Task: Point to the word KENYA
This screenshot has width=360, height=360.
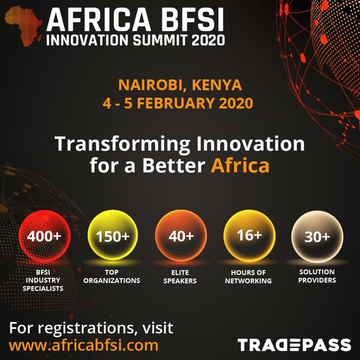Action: click(x=217, y=85)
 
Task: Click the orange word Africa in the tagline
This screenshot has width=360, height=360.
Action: click(x=240, y=165)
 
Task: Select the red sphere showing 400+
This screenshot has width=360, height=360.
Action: click(x=44, y=236)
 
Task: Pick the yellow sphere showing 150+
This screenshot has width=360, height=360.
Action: click(x=112, y=236)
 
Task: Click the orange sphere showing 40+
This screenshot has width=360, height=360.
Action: click(x=181, y=236)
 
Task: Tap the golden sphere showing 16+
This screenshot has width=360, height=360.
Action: click(x=249, y=236)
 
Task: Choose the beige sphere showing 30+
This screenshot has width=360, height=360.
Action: click(x=317, y=237)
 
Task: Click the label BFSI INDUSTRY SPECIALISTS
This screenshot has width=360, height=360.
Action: click(x=43, y=280)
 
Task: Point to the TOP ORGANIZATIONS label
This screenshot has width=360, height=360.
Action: click(x=112, y=276)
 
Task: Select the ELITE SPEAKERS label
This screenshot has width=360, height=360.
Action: click(x=180, y=277)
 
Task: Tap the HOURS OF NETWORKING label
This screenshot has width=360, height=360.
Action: click(x=248, y=277)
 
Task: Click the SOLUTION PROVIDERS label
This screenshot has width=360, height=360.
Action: click(x=317, y=276)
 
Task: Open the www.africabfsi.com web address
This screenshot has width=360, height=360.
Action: click(x=84, y=345)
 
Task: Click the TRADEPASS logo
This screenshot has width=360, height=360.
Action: click(x=294, y=345)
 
